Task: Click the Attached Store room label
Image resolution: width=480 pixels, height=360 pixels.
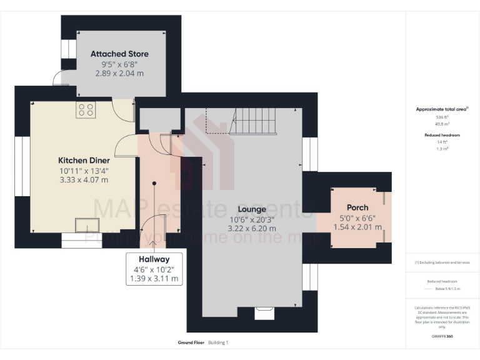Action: tap(119, 54)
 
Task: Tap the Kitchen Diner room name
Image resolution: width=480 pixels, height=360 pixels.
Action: tap(83, 159)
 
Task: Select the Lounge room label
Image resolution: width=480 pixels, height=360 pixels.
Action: tap(252, 209)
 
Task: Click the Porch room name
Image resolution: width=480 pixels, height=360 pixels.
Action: tap(357, 207)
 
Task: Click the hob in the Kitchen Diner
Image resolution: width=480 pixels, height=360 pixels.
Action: tap(86, 110)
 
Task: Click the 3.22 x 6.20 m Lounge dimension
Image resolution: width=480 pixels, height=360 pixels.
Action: tap(252, 229)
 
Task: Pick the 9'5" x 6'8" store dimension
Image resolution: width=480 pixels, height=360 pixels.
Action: tap(119, 64)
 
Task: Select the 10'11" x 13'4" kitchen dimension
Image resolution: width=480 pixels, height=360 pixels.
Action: tap(83, 170)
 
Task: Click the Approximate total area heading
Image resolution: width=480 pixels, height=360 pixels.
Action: tap(442, 109)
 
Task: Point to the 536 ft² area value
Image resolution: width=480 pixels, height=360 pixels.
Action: tap(442, 117)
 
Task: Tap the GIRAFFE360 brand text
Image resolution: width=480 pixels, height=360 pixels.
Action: tap(442, 337)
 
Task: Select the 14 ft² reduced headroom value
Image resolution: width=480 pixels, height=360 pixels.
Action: tap(442, 142)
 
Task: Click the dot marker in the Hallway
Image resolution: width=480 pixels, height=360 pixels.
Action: tap(153, 184)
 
